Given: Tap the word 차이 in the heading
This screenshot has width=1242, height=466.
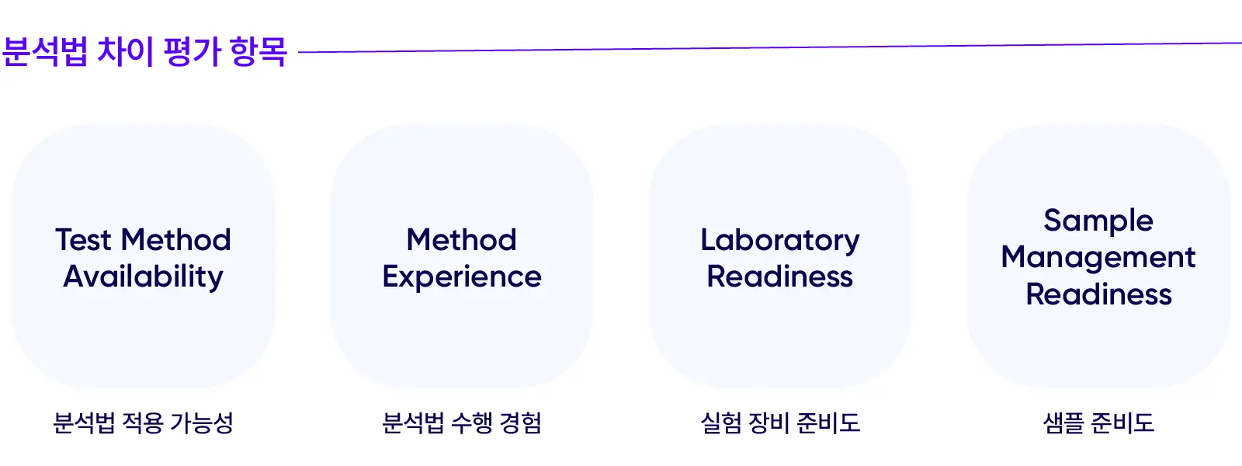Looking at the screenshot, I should point(125,52).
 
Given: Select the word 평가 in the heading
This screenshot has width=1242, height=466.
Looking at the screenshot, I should point(193,52).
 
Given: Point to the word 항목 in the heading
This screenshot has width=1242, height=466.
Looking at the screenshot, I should point(258,52).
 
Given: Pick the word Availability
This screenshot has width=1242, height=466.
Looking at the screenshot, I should point(144,277).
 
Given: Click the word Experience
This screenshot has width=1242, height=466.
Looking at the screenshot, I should point(462,277).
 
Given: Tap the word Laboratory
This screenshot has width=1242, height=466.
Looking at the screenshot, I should point(780,241).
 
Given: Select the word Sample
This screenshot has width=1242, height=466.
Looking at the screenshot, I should point(1098,221).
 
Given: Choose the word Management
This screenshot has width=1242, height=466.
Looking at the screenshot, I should point(1098,258).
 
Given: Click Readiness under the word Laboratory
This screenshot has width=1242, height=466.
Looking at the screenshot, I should point(780,277).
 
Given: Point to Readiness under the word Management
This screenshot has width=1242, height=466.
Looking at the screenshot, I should point(1098,295).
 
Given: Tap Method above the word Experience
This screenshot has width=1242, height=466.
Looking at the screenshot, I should point(462,240).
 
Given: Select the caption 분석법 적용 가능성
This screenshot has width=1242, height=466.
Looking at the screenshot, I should point(144,423).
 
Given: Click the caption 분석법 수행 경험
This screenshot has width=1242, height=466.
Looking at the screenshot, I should point(462,423).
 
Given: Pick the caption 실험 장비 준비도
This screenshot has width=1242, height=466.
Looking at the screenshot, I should point(780,423).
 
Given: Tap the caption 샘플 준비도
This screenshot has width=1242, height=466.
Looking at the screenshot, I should point(1098,423).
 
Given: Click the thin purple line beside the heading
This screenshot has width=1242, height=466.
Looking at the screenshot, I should point(768,47).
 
